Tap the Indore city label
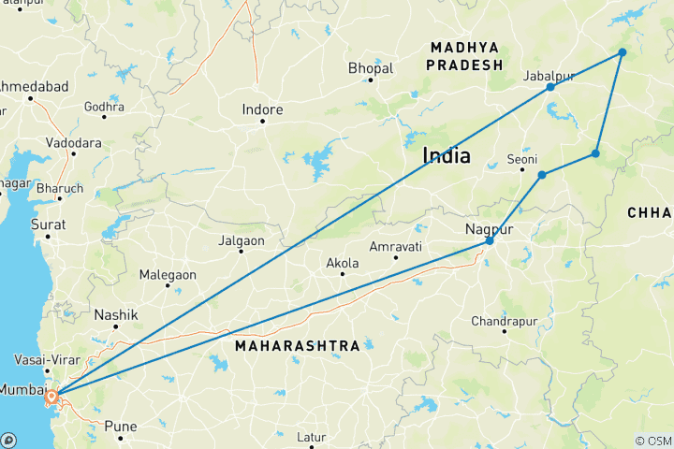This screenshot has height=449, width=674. (x=262, y=110)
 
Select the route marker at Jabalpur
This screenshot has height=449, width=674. (x=550, y=87)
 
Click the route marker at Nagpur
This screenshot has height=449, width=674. (x=490, y=241)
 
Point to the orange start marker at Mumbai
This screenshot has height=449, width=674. (x=51, y=397)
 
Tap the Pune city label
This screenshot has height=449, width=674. (x=120, y=427)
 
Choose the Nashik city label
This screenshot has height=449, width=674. (x=115, y=315)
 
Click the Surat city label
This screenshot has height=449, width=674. (x=49, y=225)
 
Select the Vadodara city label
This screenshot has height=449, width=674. (x=74, y=143)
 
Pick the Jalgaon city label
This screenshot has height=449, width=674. (x=240, y=240)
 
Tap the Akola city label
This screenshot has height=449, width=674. (x=342, y=264)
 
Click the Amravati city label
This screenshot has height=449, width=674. (x=396, y=246)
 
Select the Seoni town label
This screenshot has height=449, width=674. (x=522, y=158)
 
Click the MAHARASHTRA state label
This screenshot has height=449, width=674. (x=298, y=346)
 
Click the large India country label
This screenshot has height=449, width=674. (x=447, y=155)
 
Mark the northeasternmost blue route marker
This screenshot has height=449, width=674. (x=623, y=52)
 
